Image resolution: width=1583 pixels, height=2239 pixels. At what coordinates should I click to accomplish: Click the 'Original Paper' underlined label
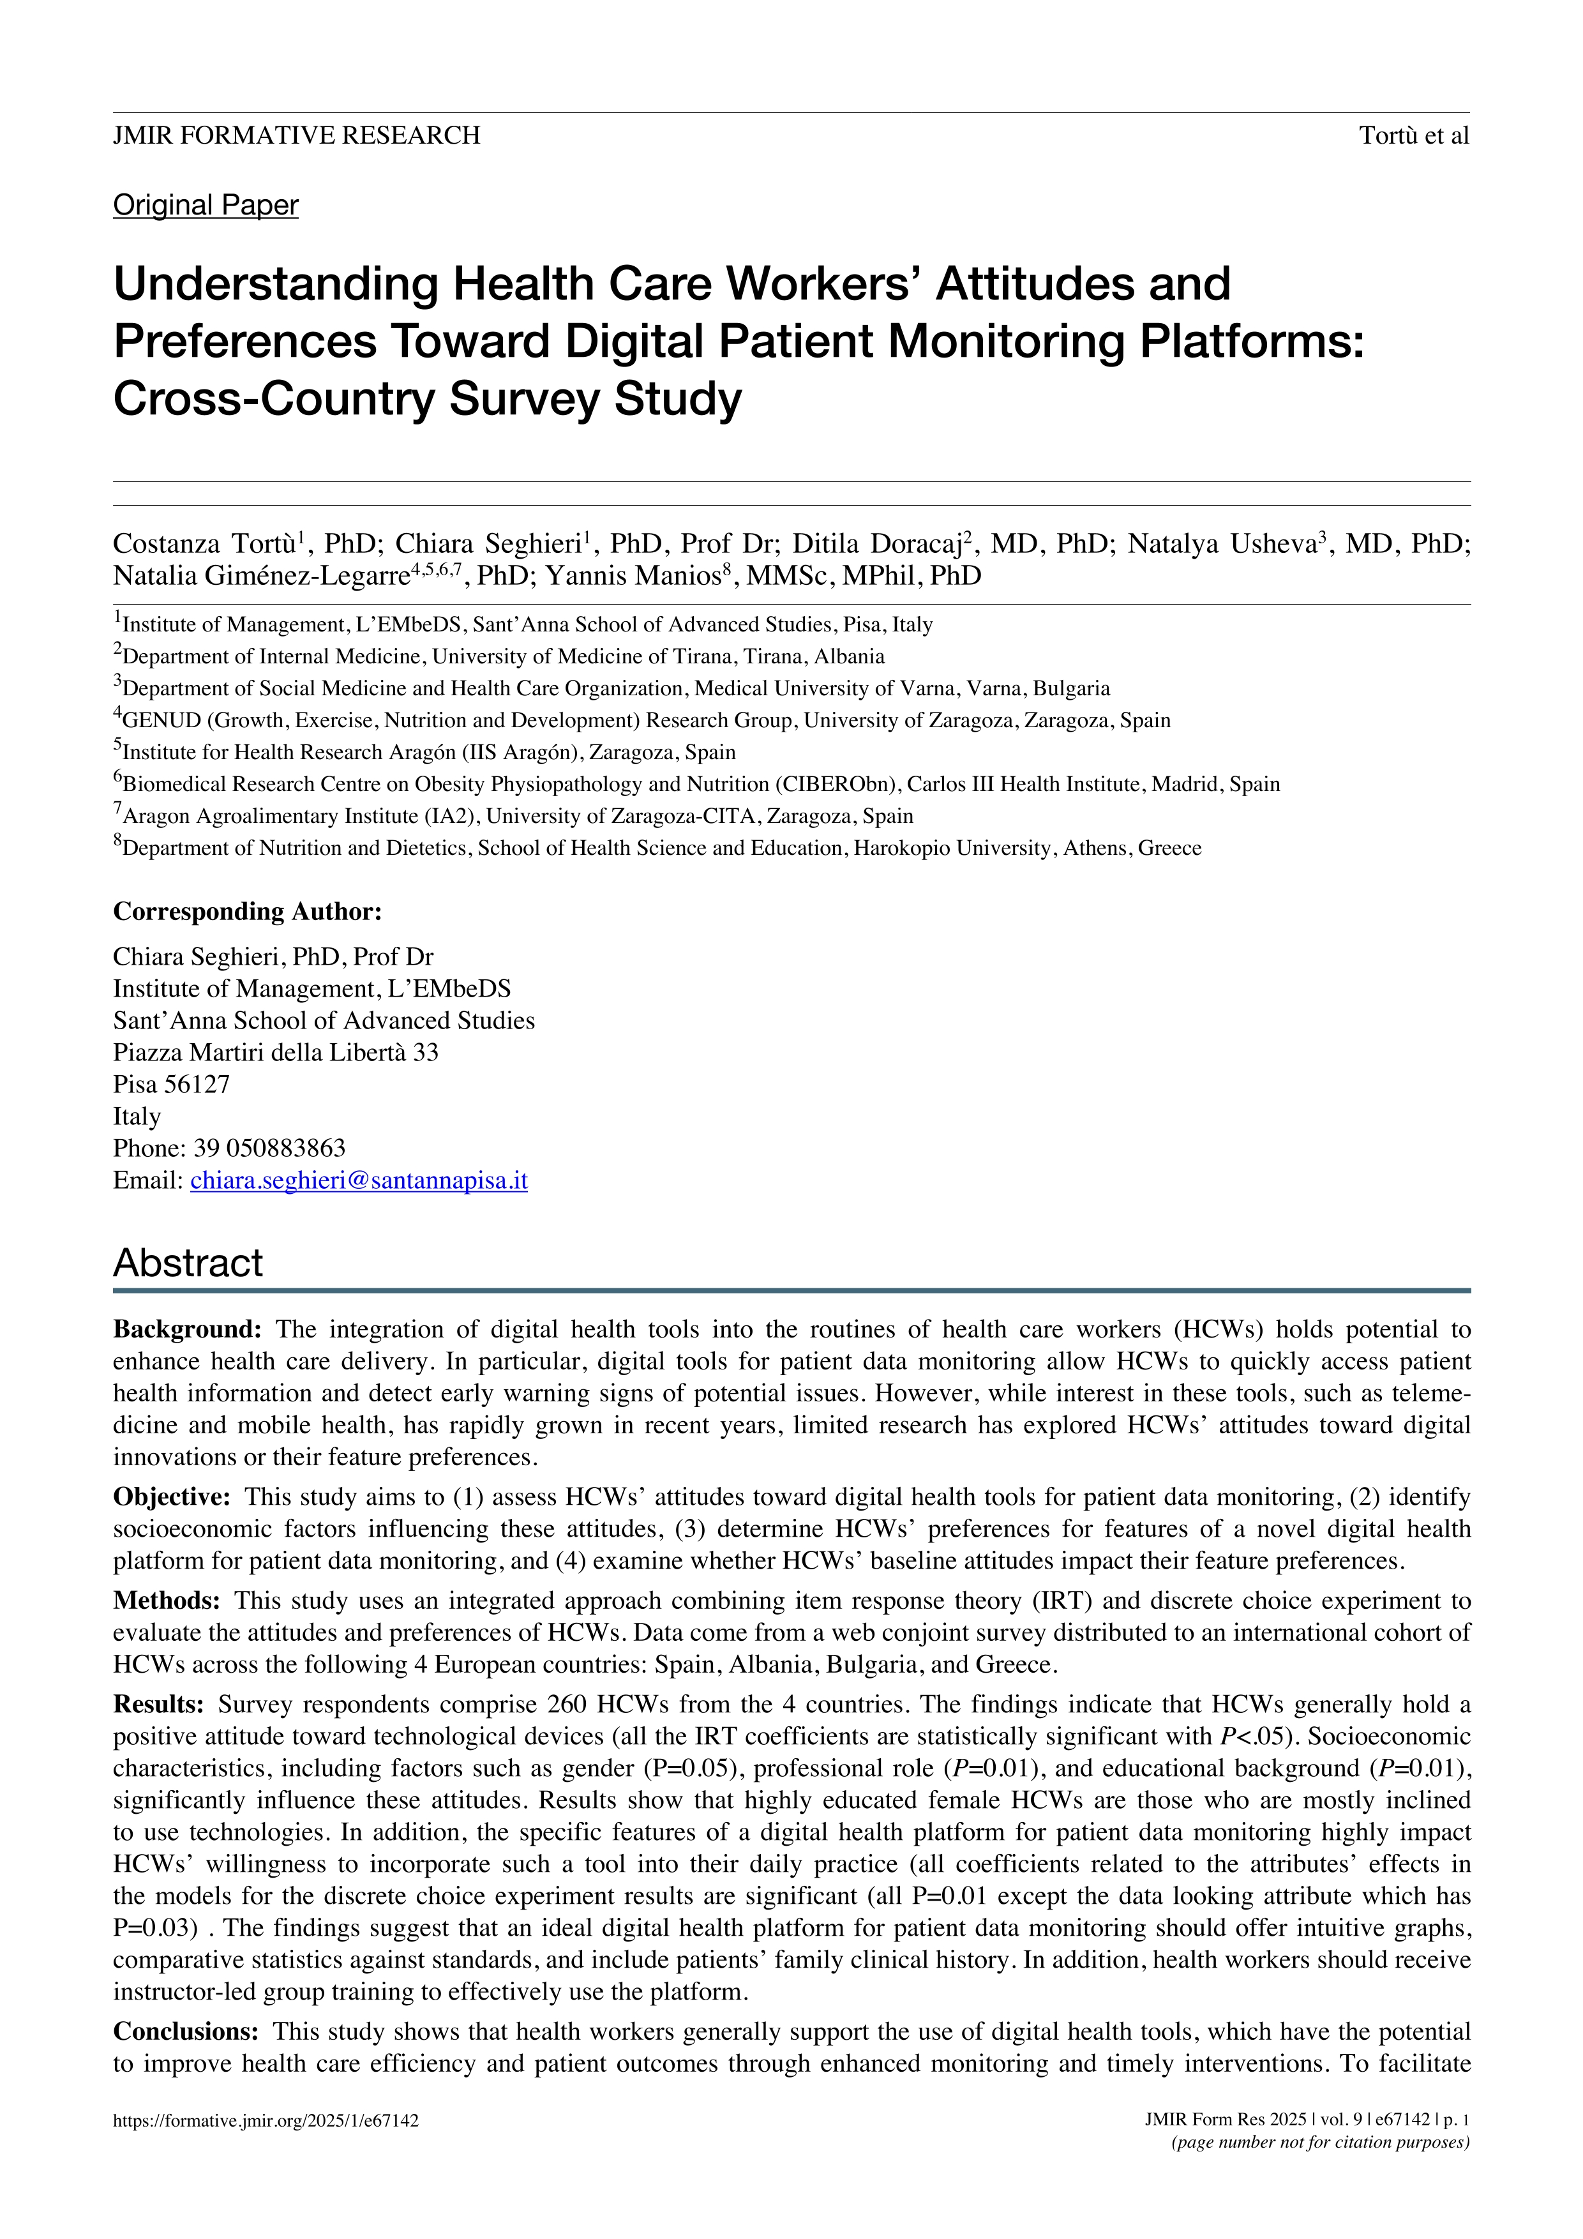(206, 205)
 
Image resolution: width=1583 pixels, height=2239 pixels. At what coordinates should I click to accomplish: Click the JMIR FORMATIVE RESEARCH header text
(296, 135)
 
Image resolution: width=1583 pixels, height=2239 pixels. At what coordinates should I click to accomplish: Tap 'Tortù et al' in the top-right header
(1413, 135)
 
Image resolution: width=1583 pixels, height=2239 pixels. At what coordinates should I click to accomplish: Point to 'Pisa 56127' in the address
(172, 1085)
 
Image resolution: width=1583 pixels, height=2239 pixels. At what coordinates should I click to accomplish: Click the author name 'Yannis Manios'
(632, 577)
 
